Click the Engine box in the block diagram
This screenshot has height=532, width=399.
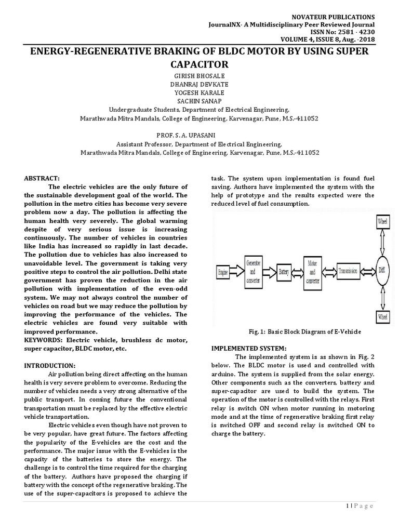point(223,271)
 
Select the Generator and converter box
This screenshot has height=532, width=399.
point(254,271)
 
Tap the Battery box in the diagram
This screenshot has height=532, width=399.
point(284,271)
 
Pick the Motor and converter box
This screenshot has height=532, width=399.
point(313,271)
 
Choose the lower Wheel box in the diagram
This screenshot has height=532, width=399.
point(381,316)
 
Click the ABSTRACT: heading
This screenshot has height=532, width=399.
point(42,177)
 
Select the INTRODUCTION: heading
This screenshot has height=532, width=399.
point(50,366)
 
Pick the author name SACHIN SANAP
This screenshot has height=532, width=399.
point(199,101)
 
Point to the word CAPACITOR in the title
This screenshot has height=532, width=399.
point(199,64)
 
